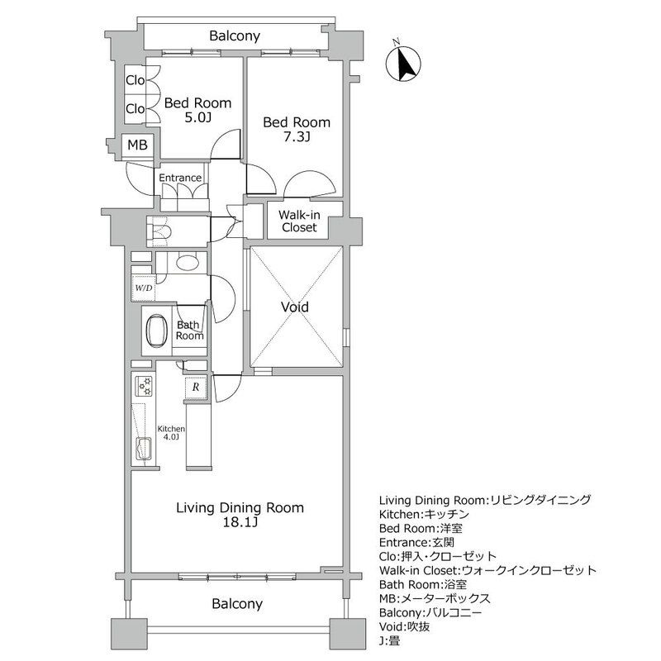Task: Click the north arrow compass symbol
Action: (403, 64)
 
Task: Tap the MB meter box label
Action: (137, 145)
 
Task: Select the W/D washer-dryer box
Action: (143, 288)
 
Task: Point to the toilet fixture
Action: (159, 231)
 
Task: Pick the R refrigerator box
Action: (196, 387)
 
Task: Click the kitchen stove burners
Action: (144, 387)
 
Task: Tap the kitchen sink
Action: (143, 449)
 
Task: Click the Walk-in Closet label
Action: (299, 221)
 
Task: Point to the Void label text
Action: (295, 307)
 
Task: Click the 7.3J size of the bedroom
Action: (297, 137)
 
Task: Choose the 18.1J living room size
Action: (240, 523)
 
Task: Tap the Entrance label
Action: (180, 178)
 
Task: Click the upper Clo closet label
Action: (136, 80)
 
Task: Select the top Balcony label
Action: (235, 36)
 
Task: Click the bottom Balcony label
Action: (237, 604)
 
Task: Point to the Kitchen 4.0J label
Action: (171, 433)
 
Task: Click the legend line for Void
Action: (405, 626)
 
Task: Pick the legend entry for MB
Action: (435, 598)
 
